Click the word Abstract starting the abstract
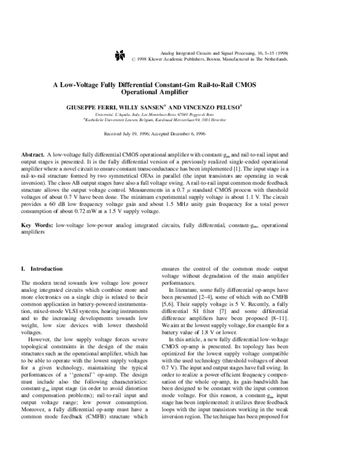(32, 155)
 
